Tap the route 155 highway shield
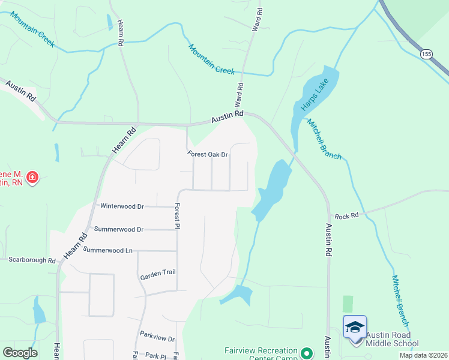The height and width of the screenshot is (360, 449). tap(426, 54)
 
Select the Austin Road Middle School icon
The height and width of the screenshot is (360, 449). tap(355, 327)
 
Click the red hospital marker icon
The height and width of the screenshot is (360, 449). tap(32, 177)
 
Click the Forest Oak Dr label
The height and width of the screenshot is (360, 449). tap(208, 154)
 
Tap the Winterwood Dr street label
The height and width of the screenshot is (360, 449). tap(122, 206)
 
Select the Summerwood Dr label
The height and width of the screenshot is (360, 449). tap(119, 229)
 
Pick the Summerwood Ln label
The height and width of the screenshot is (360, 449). tap(107, 250)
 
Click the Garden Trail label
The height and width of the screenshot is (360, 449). tap(158, 272)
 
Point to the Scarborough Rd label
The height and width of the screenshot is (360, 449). tap(32, 260)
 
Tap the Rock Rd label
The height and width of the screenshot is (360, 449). tap(346, 216)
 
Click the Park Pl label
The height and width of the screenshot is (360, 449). tap(155, 356)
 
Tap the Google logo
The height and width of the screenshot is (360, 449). tap(20, 353)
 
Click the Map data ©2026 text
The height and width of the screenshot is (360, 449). tap(424, 355)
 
